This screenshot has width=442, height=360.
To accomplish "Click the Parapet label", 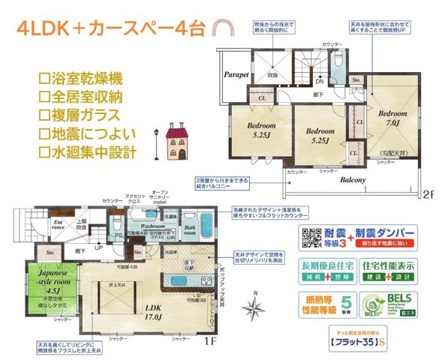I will click(236, 75).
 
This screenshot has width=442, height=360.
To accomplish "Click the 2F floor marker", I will click(426, 193).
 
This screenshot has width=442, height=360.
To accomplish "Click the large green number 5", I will click(347, 302).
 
